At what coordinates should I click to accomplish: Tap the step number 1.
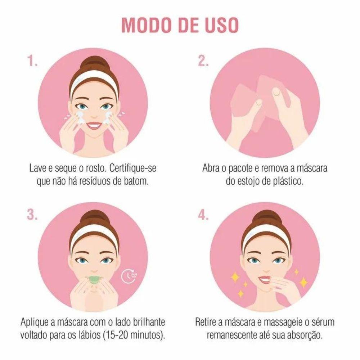click(x=32, y=61)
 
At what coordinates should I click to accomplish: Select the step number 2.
click(x=203, y=61)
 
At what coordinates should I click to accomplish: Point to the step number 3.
click(x=32, y=215)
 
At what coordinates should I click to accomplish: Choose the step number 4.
click(x=203, y=215)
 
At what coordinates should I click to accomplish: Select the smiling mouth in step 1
click(x=93, y=125)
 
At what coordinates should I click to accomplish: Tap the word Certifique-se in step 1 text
click(x=133, y=168)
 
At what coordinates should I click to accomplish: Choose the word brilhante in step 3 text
click(x=149, y=322)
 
